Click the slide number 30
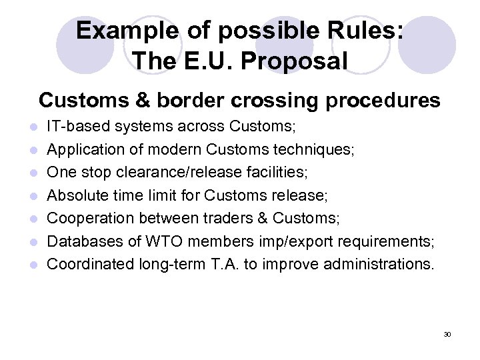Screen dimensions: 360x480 [x=447, y=333]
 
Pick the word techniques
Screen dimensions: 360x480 [x=313, y=149]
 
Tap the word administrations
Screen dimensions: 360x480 [x=378, y=264]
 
